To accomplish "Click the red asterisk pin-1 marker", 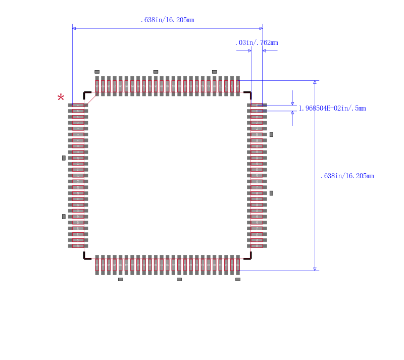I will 61,97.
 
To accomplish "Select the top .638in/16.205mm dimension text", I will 167,20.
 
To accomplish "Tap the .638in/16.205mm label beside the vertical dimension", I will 347,176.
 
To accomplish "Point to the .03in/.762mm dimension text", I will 257,43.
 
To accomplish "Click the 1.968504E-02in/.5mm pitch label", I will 332,108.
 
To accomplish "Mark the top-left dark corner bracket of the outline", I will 86,94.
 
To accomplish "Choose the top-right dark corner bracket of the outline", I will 248,94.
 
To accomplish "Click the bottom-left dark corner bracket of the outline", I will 86,256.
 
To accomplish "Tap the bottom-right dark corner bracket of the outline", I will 248,256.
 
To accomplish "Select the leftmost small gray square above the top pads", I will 97,72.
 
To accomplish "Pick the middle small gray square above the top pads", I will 156,72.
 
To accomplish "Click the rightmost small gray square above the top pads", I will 214,72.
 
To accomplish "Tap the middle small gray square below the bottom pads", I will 179,279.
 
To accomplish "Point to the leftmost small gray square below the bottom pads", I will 120,279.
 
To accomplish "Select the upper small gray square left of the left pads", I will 64,158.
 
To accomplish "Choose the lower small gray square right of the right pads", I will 271,193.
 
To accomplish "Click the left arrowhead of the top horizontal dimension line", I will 74,28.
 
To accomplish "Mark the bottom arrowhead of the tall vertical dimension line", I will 315,269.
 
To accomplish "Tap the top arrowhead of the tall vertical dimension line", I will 315,82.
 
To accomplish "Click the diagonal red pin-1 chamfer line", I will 91,99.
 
